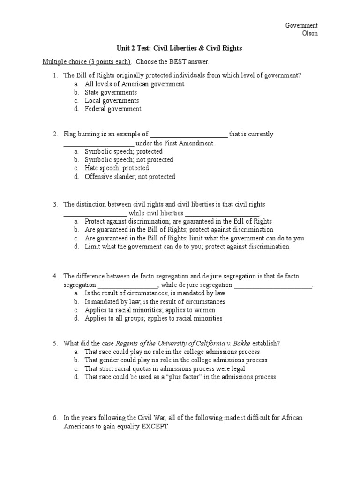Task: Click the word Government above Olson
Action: (x=302, y=25)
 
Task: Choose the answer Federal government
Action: (x=112, y=109)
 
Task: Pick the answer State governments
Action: (x=111, y=92)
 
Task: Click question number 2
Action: (x=55, y=134)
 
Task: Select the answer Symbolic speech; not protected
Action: (x=129, y=160)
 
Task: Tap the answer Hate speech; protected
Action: (x=117, y=168)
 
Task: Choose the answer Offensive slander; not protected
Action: (x=130, y=177)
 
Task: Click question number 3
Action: (x=55, y=204)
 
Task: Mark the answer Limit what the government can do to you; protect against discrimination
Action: (x=187, y=247)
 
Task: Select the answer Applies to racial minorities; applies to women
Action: (x=150, y=310)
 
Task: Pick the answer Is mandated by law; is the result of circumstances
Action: (x=155, y=302)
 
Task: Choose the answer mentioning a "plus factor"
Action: (x=180, y=377)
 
